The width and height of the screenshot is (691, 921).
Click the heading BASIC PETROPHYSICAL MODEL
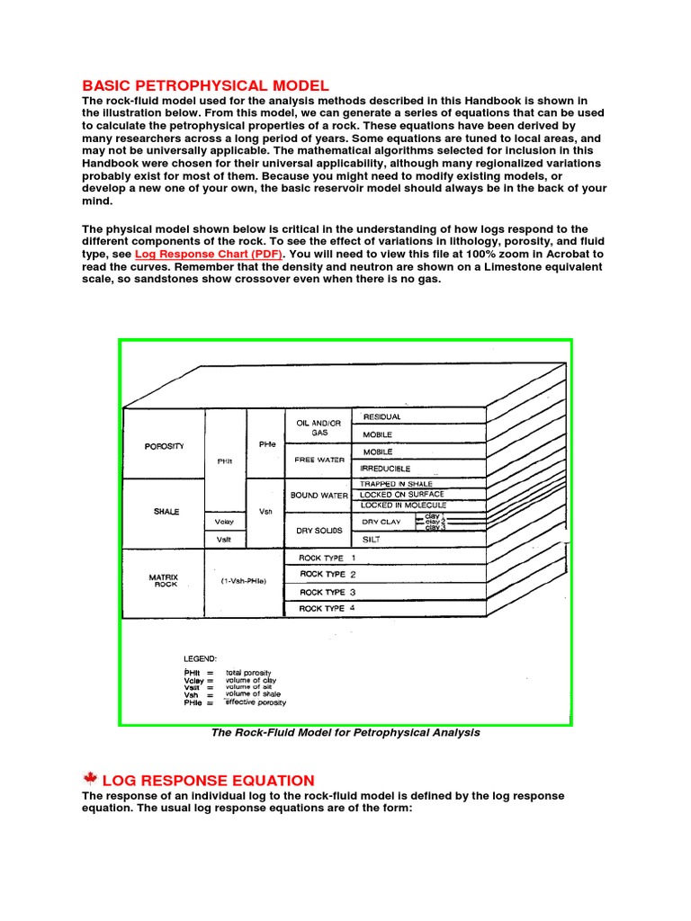click(200, 85)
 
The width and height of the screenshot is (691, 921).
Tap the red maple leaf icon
click(90, 780)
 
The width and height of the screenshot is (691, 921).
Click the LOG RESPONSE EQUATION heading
click(210, 781)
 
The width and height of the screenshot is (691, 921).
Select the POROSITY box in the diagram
click(164, 445)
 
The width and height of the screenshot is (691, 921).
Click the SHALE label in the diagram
click(166, 512)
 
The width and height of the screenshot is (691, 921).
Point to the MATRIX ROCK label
click(165, 580)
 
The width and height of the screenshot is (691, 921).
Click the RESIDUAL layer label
click(381, 417)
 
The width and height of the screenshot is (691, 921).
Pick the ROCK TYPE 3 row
click(328, 593)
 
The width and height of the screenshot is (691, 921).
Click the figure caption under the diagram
click(345, 733)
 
